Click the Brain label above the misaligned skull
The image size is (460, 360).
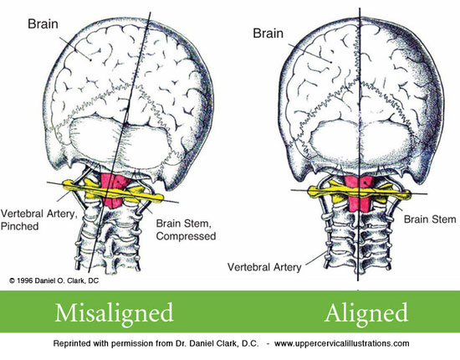43,23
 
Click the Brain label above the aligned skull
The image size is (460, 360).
268,33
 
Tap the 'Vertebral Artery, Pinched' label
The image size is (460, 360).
38,219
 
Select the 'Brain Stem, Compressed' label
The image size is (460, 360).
186,229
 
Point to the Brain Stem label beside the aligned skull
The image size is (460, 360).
430,219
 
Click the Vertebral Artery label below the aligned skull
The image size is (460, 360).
264,267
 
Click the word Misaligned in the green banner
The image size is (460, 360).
114,314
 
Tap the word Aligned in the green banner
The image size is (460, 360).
366,314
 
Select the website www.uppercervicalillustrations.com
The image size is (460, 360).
342,343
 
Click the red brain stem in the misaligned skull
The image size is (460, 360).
114,190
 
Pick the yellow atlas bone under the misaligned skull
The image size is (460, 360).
113,191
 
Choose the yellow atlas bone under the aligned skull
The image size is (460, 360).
359,193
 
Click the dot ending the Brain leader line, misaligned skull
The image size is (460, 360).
90,60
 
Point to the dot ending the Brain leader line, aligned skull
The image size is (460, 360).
331,62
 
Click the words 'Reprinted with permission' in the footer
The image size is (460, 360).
104,343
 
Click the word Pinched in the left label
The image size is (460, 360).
20,226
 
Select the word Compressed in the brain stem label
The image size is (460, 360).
186,236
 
